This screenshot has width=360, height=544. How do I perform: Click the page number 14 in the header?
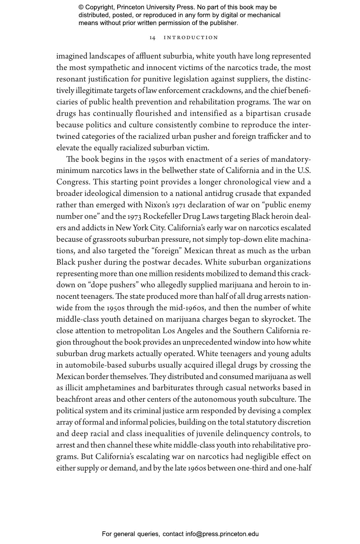click(152, 38)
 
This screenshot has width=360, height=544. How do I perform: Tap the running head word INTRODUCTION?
click(191, 38)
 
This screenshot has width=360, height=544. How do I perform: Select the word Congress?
click(73, 182)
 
